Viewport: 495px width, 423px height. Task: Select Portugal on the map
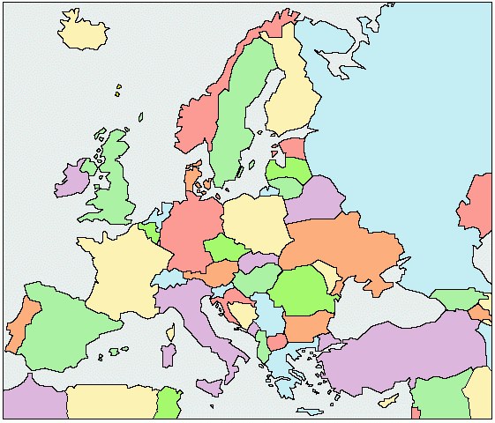(x=19, y=326)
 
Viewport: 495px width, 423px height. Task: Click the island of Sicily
(x=210, y=386)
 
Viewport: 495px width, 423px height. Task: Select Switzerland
(x=169, y=278)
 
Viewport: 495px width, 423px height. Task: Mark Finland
(x=291, y=97)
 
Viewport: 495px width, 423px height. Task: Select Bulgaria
(x=305, y=328)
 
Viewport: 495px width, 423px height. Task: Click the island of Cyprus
(x=389, y=401)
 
